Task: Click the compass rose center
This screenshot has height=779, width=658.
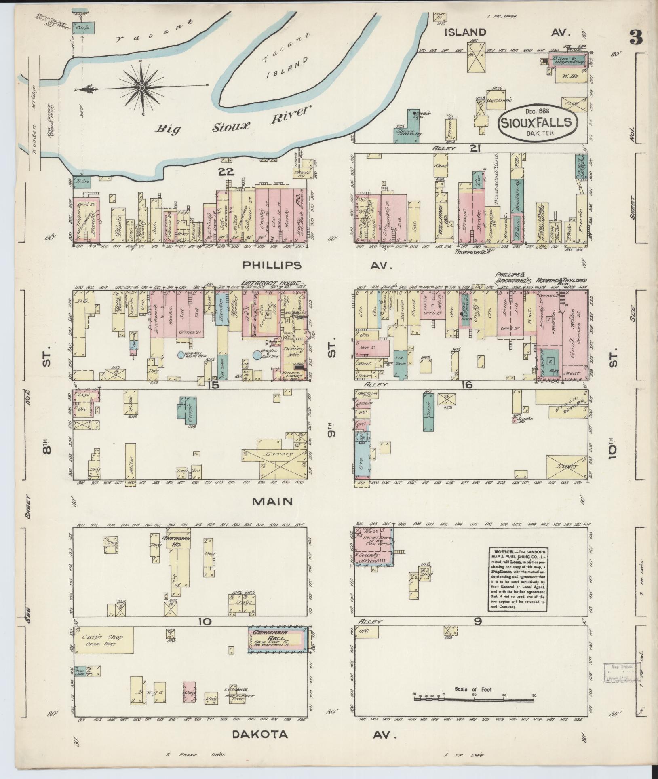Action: pos(142,87)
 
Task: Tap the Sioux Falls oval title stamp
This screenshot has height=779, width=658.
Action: pos(536,122)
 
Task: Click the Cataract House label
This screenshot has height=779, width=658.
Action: pos(272,283)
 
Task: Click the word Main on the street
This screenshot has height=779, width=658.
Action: pos(272,502)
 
